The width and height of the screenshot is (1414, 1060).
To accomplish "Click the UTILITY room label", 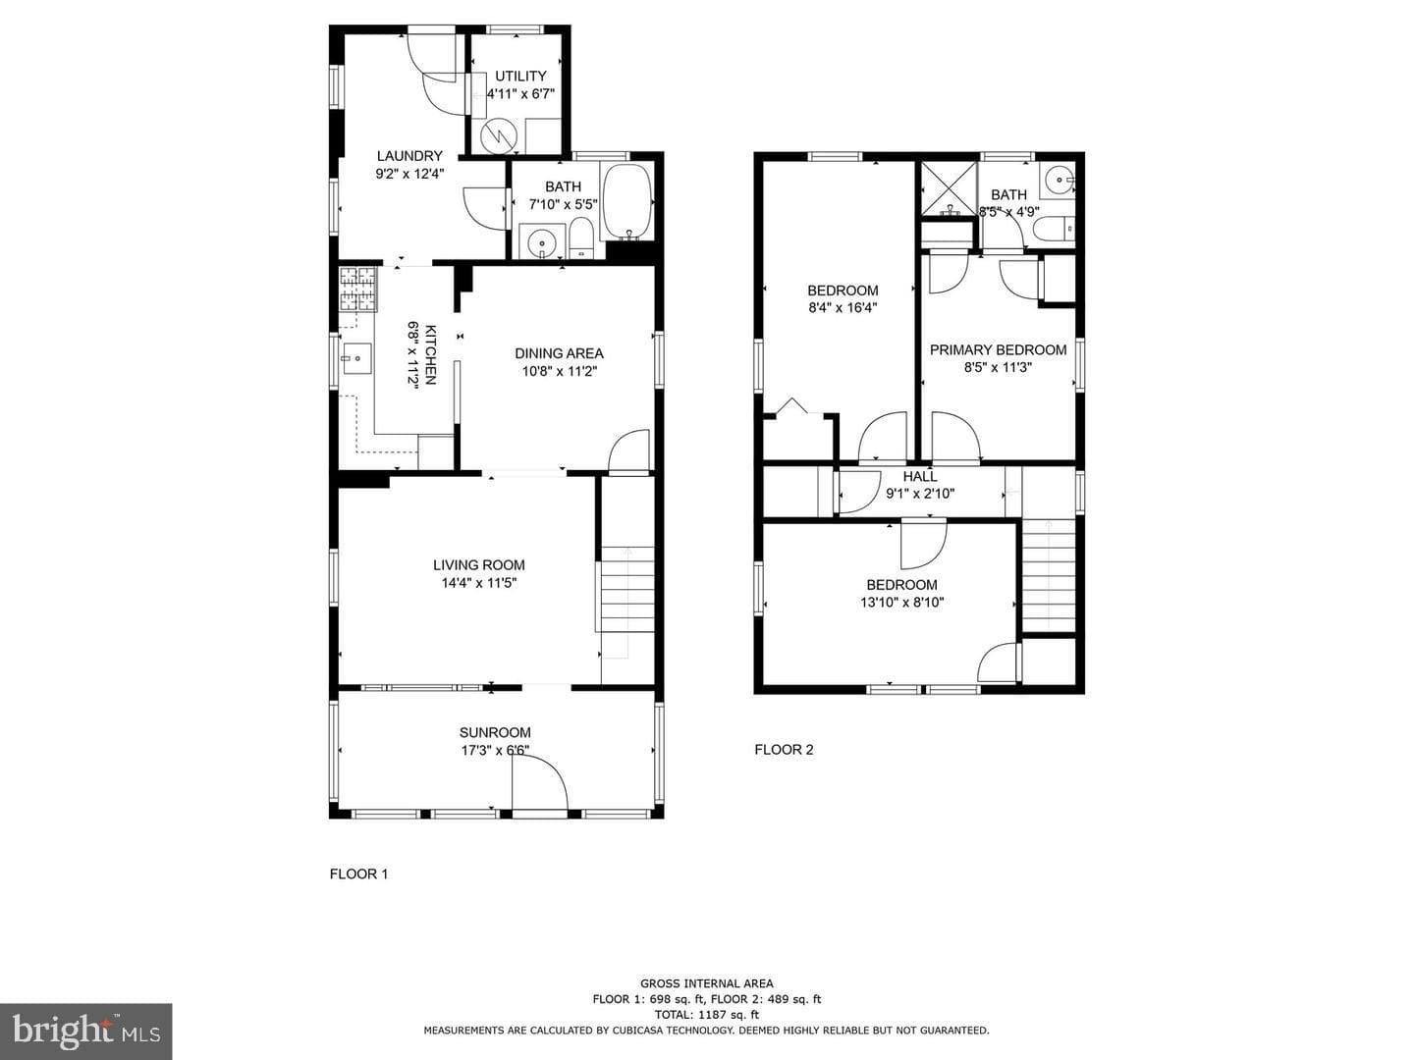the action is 520,76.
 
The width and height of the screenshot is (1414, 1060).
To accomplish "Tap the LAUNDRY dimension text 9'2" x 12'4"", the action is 409,173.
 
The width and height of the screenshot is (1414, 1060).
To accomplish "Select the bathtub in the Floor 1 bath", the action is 626,201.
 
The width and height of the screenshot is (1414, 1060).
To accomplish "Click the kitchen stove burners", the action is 358,289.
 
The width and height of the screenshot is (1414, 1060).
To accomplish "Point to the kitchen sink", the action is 356,358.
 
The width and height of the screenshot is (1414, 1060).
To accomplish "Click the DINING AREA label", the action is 559,353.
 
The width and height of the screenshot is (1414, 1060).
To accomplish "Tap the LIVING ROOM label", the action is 478,565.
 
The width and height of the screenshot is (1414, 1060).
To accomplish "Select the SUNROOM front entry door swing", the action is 540,781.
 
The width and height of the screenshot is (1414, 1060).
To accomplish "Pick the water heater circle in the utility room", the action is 498,135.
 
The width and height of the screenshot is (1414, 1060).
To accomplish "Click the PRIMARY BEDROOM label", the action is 998,350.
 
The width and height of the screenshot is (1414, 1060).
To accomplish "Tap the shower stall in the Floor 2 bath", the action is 949,188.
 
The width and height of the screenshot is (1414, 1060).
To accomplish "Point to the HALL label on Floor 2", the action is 920,477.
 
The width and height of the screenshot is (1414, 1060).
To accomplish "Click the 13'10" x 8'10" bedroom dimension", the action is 901,603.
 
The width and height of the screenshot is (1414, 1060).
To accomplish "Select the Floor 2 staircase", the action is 1049,576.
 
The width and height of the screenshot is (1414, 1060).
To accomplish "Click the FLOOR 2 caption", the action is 784,750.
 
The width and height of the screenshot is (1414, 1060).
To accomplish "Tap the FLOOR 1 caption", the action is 358,874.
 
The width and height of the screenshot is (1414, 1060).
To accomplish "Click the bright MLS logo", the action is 85,1032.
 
